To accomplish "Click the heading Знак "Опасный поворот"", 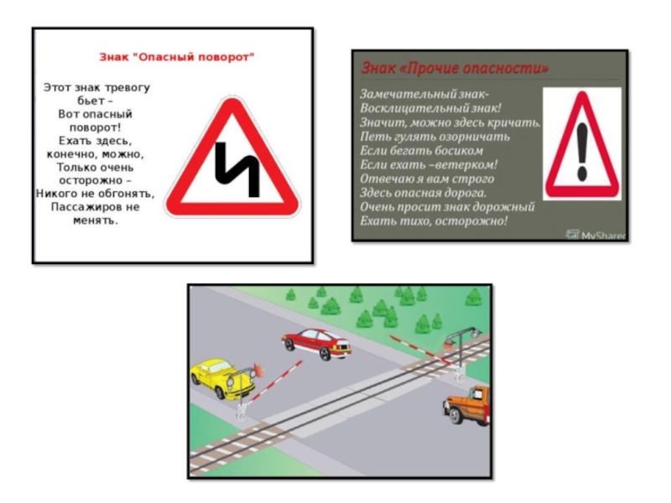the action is pos(177,57).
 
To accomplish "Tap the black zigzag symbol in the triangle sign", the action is pos(237,170).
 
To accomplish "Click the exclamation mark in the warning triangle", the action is pos(582,152).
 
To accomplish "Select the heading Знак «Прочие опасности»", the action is pos(455,68).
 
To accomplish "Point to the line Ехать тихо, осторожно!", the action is pos(434,220).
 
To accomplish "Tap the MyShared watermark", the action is pos(596,235).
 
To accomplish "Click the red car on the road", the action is pos(317,344).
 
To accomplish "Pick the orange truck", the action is pos(467,405).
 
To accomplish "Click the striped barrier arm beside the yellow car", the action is pos(273,382).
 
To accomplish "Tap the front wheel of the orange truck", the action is pos(455,416).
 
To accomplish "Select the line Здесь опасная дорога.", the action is pos(423,193).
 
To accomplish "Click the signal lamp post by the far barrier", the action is pos(461,354).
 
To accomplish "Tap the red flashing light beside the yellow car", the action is pos(258,370).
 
